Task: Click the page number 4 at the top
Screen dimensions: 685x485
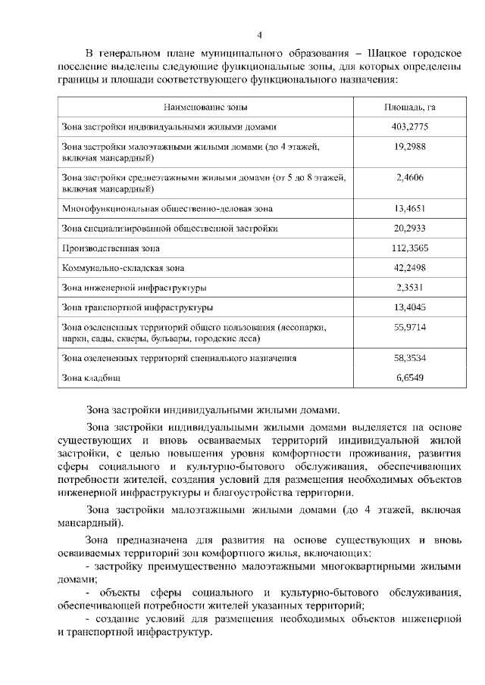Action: pyautogui.click(x=259, y=35)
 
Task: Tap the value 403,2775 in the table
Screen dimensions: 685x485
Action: pyautogui.click(x=409, y=127)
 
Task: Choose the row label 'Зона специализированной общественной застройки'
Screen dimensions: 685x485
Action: pyautogui.click(x=169, y=228)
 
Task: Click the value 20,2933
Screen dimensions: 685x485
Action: pyautogui.click(x=409, y=228)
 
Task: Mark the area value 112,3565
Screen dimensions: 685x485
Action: pyautogui.click(x=409, y=248)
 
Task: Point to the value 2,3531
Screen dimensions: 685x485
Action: pyautogui.click(x=409, y=288)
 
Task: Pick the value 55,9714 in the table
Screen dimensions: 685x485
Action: pyautogui.click(x=409, y=327)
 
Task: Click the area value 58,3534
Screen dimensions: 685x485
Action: pyautogui.click(x=409, y=357)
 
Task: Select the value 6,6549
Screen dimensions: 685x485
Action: pyautogui.click(x=409, y=376)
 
